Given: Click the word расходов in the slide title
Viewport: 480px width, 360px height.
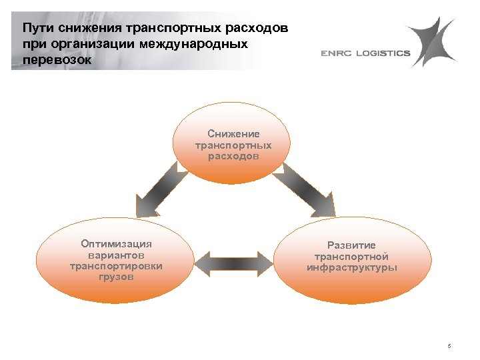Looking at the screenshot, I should point(257,29).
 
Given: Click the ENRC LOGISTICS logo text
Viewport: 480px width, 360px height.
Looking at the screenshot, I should point(365,53).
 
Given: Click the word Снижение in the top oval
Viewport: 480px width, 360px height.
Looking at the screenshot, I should point(233,134).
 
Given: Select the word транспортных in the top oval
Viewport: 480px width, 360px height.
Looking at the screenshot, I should point(233,145).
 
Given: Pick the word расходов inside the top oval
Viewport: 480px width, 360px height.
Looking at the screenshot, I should point(233,155).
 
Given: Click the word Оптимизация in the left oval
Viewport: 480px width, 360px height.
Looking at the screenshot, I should point(116,244).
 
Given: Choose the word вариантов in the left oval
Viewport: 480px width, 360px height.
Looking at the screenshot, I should point(116,255).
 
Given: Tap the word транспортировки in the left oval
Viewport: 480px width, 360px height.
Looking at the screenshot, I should point(116,265).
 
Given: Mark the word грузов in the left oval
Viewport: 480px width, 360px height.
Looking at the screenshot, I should point(116,276).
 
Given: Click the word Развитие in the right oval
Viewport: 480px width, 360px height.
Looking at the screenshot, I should point(351,245).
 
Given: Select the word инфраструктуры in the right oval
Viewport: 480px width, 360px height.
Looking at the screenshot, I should point(351,267).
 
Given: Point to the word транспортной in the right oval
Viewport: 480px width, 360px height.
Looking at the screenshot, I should point(351,257).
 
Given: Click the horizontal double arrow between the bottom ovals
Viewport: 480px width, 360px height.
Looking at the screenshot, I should point(233,262).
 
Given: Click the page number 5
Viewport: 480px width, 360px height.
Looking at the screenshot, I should point(449,345).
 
